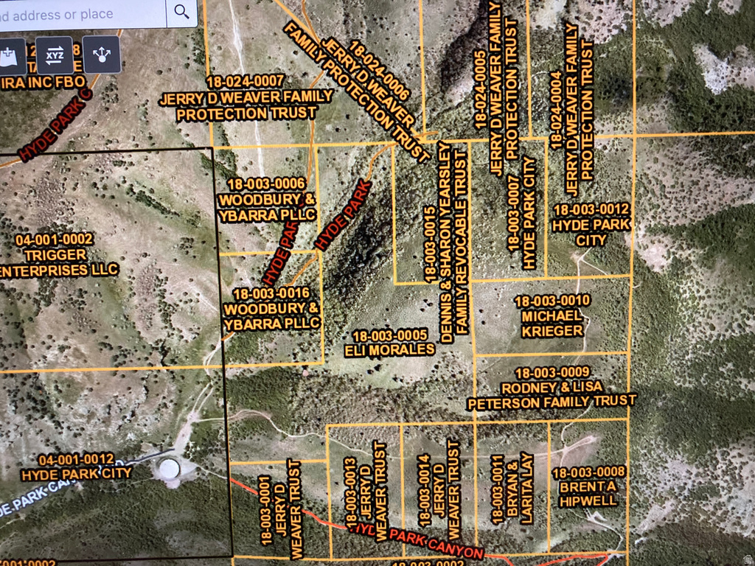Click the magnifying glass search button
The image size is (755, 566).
click(181, 13)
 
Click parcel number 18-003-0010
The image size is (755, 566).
click(552, 301)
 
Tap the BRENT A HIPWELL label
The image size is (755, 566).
click(588, 494)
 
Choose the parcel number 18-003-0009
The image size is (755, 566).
click(552, 372)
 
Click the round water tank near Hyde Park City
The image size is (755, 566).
click(168, 468)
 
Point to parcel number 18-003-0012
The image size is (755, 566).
click(591, 209)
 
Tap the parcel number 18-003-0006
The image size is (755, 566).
click(267, 183)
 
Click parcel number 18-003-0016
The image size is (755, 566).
click(271, 293)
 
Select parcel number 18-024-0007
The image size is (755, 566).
click(246, 80)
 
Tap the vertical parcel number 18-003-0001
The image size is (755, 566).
click(266, 509)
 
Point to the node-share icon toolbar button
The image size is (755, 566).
click(101, 55)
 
